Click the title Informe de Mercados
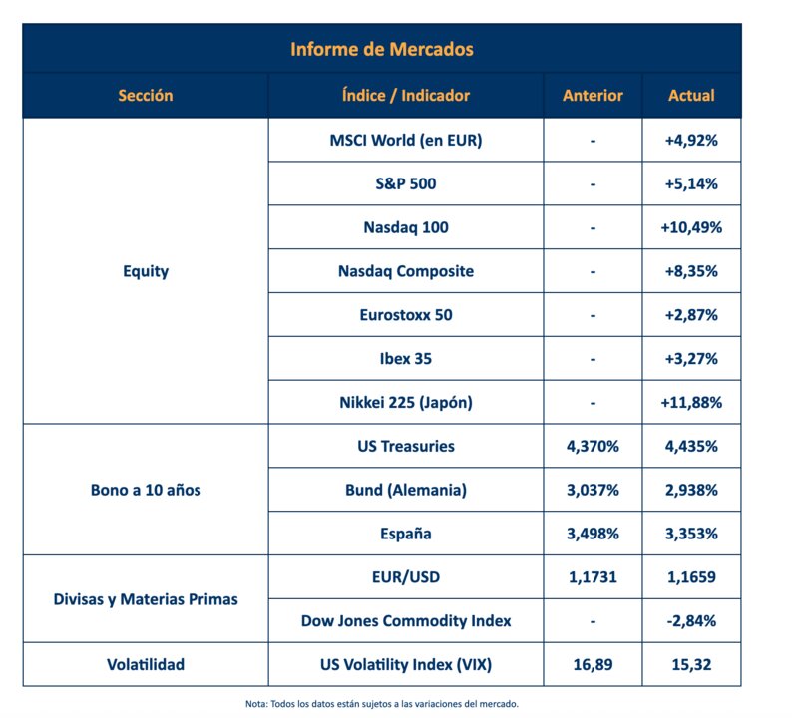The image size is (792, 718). point(382,49)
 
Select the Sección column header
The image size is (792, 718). point(146,95)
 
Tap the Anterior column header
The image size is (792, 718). point(593,95)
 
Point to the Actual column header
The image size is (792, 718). point(691,95)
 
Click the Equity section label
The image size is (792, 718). point(146,271)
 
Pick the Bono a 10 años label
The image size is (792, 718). point(146,490)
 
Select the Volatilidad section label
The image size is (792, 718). point(146,664)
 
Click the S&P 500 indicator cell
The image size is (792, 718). point(406,183)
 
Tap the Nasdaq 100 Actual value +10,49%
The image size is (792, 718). point(691,227)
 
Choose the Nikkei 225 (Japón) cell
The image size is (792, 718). point(406,403)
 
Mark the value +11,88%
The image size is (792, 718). point(691,403)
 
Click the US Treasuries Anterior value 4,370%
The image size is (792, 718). point(593,447)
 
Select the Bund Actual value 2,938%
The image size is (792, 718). point(691,490)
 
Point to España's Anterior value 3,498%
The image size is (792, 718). point(593,534)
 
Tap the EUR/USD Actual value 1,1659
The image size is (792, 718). point(691,577)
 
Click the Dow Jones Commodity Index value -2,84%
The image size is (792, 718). point(691,621)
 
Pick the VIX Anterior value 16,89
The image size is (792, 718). point(593,664)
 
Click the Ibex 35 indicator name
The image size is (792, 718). point(406,359)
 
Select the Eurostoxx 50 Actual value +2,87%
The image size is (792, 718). point(691,315)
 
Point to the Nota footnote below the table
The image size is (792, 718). point(382,704)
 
